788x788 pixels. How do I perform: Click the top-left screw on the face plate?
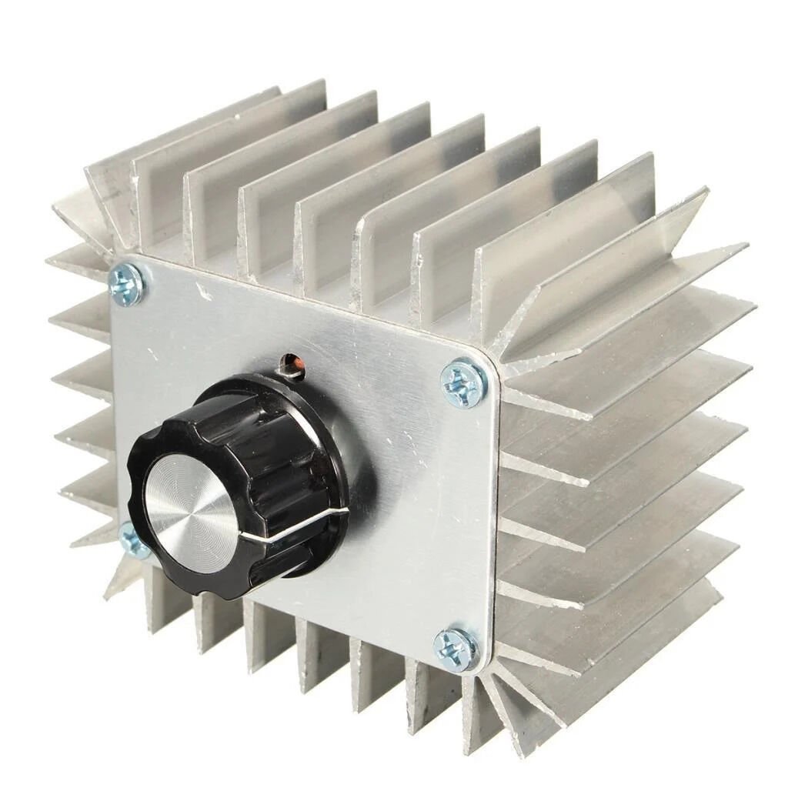coord(126,284)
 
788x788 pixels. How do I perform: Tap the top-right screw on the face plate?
coord(464,381)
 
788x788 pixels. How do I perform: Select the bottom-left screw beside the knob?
coord(134,540)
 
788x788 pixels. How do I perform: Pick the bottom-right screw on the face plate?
coord(456,649)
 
